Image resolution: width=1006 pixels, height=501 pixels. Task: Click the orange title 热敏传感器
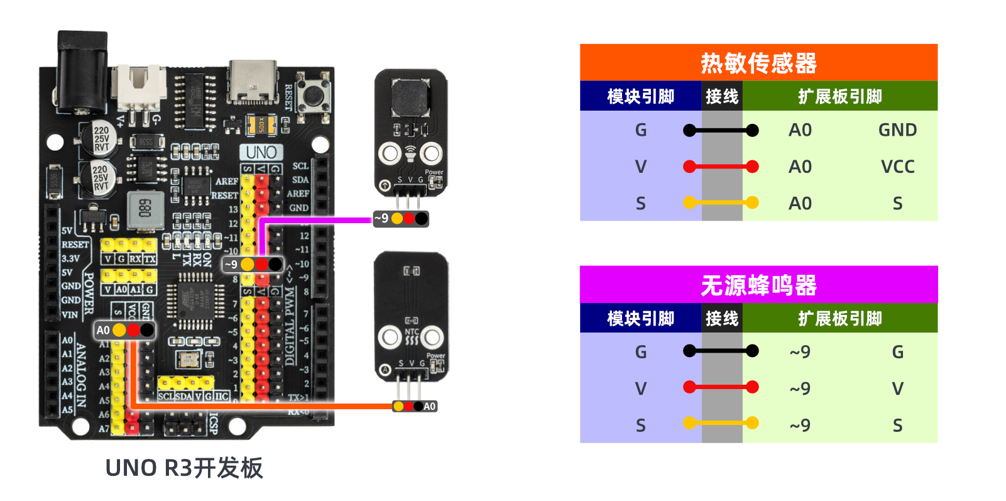758,63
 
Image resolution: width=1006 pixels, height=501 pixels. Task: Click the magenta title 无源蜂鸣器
758,285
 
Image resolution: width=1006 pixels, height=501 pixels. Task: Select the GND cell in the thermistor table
897,130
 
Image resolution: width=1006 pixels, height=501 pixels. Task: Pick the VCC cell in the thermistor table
897,167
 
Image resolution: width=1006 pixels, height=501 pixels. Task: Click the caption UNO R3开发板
184,468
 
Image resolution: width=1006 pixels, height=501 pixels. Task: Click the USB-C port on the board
253,82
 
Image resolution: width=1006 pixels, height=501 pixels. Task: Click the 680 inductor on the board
145,208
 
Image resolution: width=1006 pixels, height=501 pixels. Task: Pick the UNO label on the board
261,152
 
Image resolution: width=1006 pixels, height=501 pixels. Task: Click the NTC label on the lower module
412,331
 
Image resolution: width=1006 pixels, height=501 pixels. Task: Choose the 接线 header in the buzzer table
721,319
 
